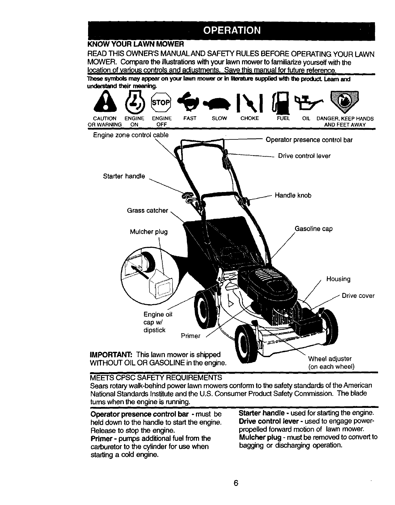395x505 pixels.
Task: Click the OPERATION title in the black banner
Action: click(x=232, y=30)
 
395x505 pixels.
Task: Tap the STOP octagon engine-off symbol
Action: click(x=161, y=102)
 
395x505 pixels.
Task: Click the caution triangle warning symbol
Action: click(x=103, y=103)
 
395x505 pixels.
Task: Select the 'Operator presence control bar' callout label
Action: click(x=309, y=140)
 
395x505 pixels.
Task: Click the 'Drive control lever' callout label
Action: click(x=304, y=156)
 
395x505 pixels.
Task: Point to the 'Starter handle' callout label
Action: click(x=124, y=176)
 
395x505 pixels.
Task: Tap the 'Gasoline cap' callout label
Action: click(x=313, y=229)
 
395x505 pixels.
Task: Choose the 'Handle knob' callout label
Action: click(x=293, y=196)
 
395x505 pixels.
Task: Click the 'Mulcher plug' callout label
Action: click(x=149, y=232)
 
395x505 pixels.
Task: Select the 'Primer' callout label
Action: click(x=191, y=336)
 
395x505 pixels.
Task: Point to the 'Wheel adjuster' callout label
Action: click(x=330, y=359)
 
